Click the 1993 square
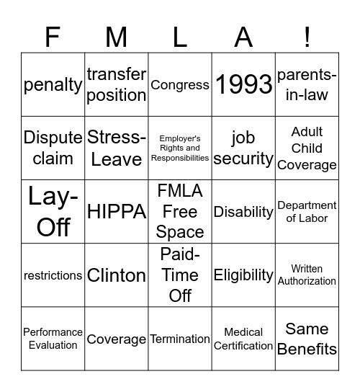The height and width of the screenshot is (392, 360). point(243,84)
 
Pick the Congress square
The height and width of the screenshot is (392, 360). point(180,84)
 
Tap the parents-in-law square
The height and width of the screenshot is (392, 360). point(307,84)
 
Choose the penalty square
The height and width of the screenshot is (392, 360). point(53,84)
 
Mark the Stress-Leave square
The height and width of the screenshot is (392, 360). point(117,148)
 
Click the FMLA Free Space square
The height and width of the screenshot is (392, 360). point(180,211)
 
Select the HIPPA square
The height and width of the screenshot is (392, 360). point(117,211)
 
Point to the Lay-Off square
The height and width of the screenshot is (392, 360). point(53,211)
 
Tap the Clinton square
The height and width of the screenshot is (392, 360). point(117,275)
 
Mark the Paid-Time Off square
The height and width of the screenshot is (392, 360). point(180,275)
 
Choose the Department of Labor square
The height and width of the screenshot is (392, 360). point(307,211)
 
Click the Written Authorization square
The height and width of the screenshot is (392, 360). point(307,275)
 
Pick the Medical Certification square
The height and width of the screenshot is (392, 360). point(243,339)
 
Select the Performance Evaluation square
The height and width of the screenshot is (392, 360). point(53,339)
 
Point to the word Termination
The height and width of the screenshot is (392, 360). point(180,339)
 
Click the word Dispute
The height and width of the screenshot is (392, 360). point(53,138)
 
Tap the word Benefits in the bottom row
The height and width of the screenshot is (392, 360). point(307,349)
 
